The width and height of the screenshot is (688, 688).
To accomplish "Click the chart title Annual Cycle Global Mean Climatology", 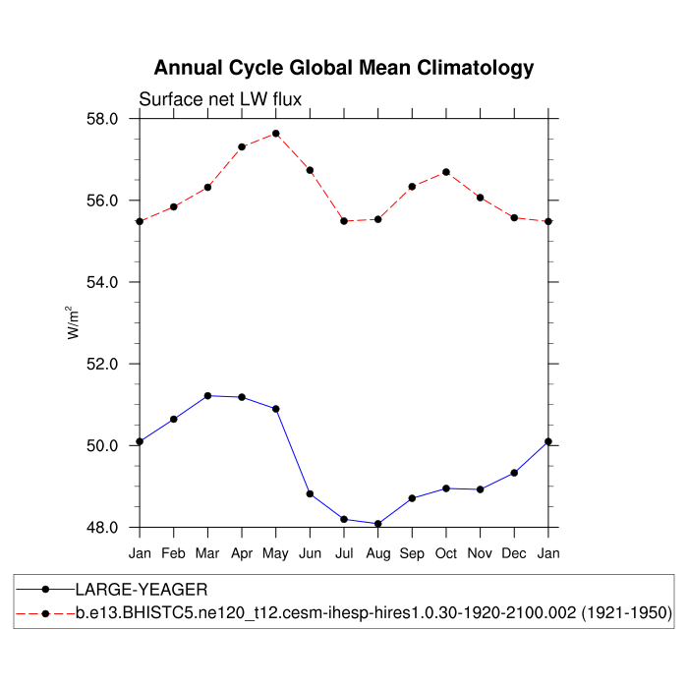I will click(343, 68).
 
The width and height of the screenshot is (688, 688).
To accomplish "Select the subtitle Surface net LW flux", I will click(220, 99).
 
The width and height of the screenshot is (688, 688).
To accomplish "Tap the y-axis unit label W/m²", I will click(74, 321).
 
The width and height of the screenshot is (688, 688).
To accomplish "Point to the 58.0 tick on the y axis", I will click(103, 119).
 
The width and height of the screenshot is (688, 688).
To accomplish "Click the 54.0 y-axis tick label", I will click(103, 282).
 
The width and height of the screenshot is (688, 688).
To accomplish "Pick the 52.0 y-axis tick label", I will click(103, 364).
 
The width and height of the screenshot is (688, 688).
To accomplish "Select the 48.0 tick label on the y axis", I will click(103, 527).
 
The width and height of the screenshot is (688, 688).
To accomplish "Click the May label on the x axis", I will click(276, 554).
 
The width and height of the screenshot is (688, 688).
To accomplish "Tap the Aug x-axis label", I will click(377, 554).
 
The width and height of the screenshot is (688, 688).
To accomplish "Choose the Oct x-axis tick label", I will click(446, 554).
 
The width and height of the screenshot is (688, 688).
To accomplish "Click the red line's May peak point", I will click(276, 134).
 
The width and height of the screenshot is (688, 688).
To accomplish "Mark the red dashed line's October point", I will click(446, 172).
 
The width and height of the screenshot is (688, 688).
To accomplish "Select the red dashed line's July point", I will click(344, 221).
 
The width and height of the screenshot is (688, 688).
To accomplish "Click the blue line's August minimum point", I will click(378, 524).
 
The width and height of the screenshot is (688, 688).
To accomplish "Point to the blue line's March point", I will click(207, 395).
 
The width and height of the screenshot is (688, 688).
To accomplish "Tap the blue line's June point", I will click(310, 493).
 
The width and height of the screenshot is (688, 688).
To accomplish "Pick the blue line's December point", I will click(514, 473).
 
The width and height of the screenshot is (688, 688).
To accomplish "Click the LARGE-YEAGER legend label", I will click(142, 590).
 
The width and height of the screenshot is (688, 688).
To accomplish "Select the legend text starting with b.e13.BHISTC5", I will click(373, 613).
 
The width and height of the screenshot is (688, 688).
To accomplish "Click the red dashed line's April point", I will click(242, 146).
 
